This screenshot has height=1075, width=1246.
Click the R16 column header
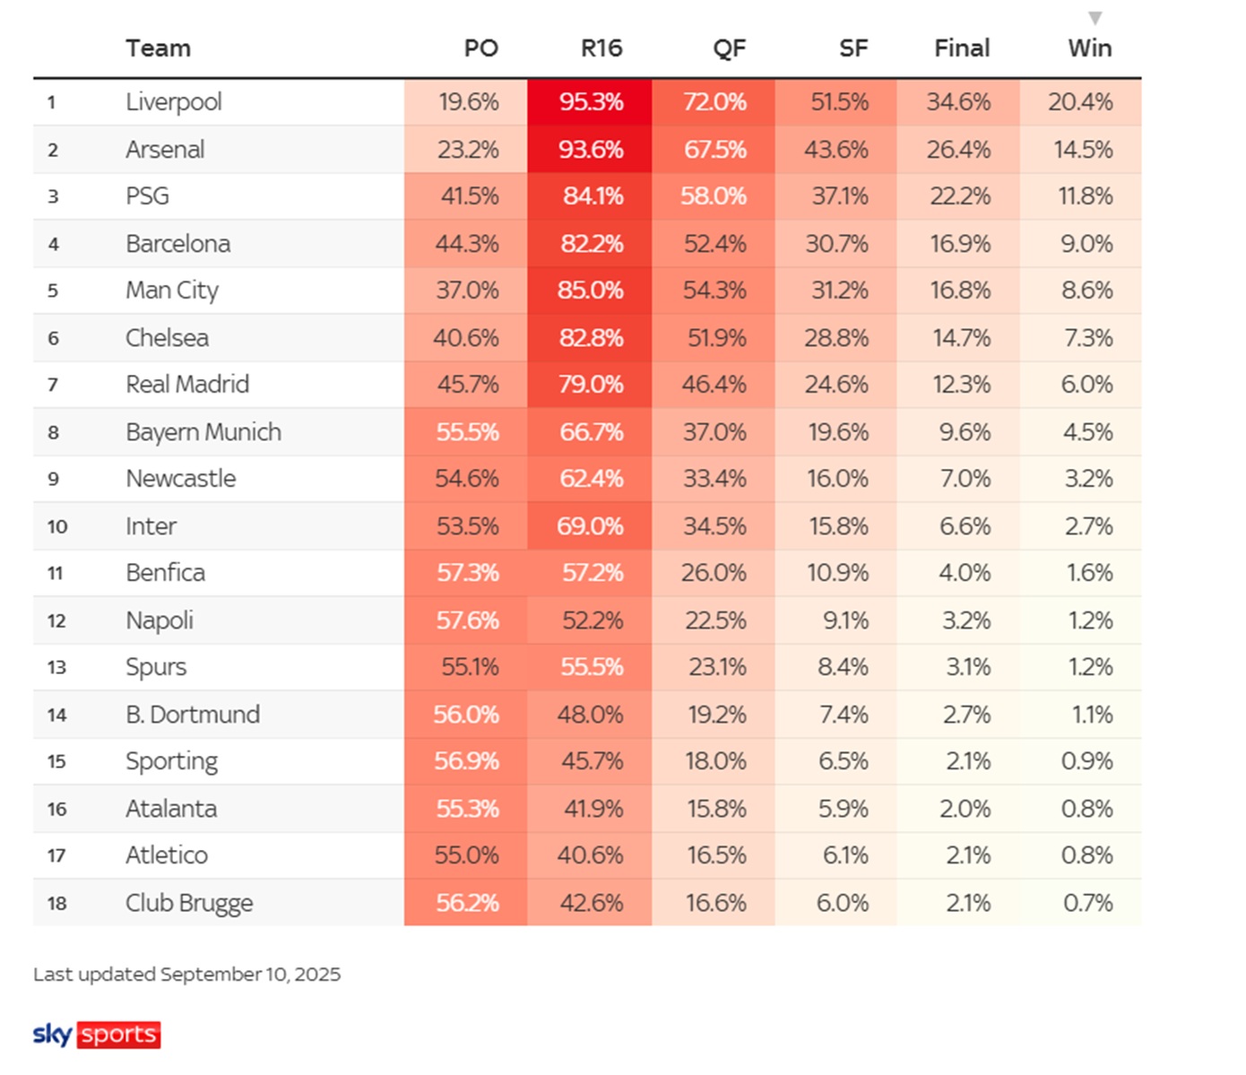[601, 48]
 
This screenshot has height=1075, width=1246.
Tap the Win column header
[1089, 48]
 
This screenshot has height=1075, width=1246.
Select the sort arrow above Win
[1095, 18]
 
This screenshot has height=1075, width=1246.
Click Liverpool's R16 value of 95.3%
[591, 102]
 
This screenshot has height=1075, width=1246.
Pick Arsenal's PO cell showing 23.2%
[468, 150]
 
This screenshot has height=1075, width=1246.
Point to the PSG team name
[147, 196]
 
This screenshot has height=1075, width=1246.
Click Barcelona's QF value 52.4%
[714, 244]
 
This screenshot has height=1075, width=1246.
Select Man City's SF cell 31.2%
[838, 290]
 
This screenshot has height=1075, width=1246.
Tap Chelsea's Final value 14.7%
[960, 338]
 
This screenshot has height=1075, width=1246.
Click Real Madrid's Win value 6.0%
[1086, 385]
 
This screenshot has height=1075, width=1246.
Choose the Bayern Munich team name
[203, 432]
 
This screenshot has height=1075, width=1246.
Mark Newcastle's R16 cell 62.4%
[591, 479]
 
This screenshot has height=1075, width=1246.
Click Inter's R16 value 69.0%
[590, 526]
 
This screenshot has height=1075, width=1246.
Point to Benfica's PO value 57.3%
[468, 573]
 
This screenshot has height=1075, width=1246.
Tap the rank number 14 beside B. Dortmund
[56, 715]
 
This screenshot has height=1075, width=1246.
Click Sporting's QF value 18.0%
[715, 761]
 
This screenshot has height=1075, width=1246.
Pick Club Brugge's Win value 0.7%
[1087, 903]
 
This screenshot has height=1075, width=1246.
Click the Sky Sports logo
[97, 1035]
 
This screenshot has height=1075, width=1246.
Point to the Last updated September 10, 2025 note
[187, 975]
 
